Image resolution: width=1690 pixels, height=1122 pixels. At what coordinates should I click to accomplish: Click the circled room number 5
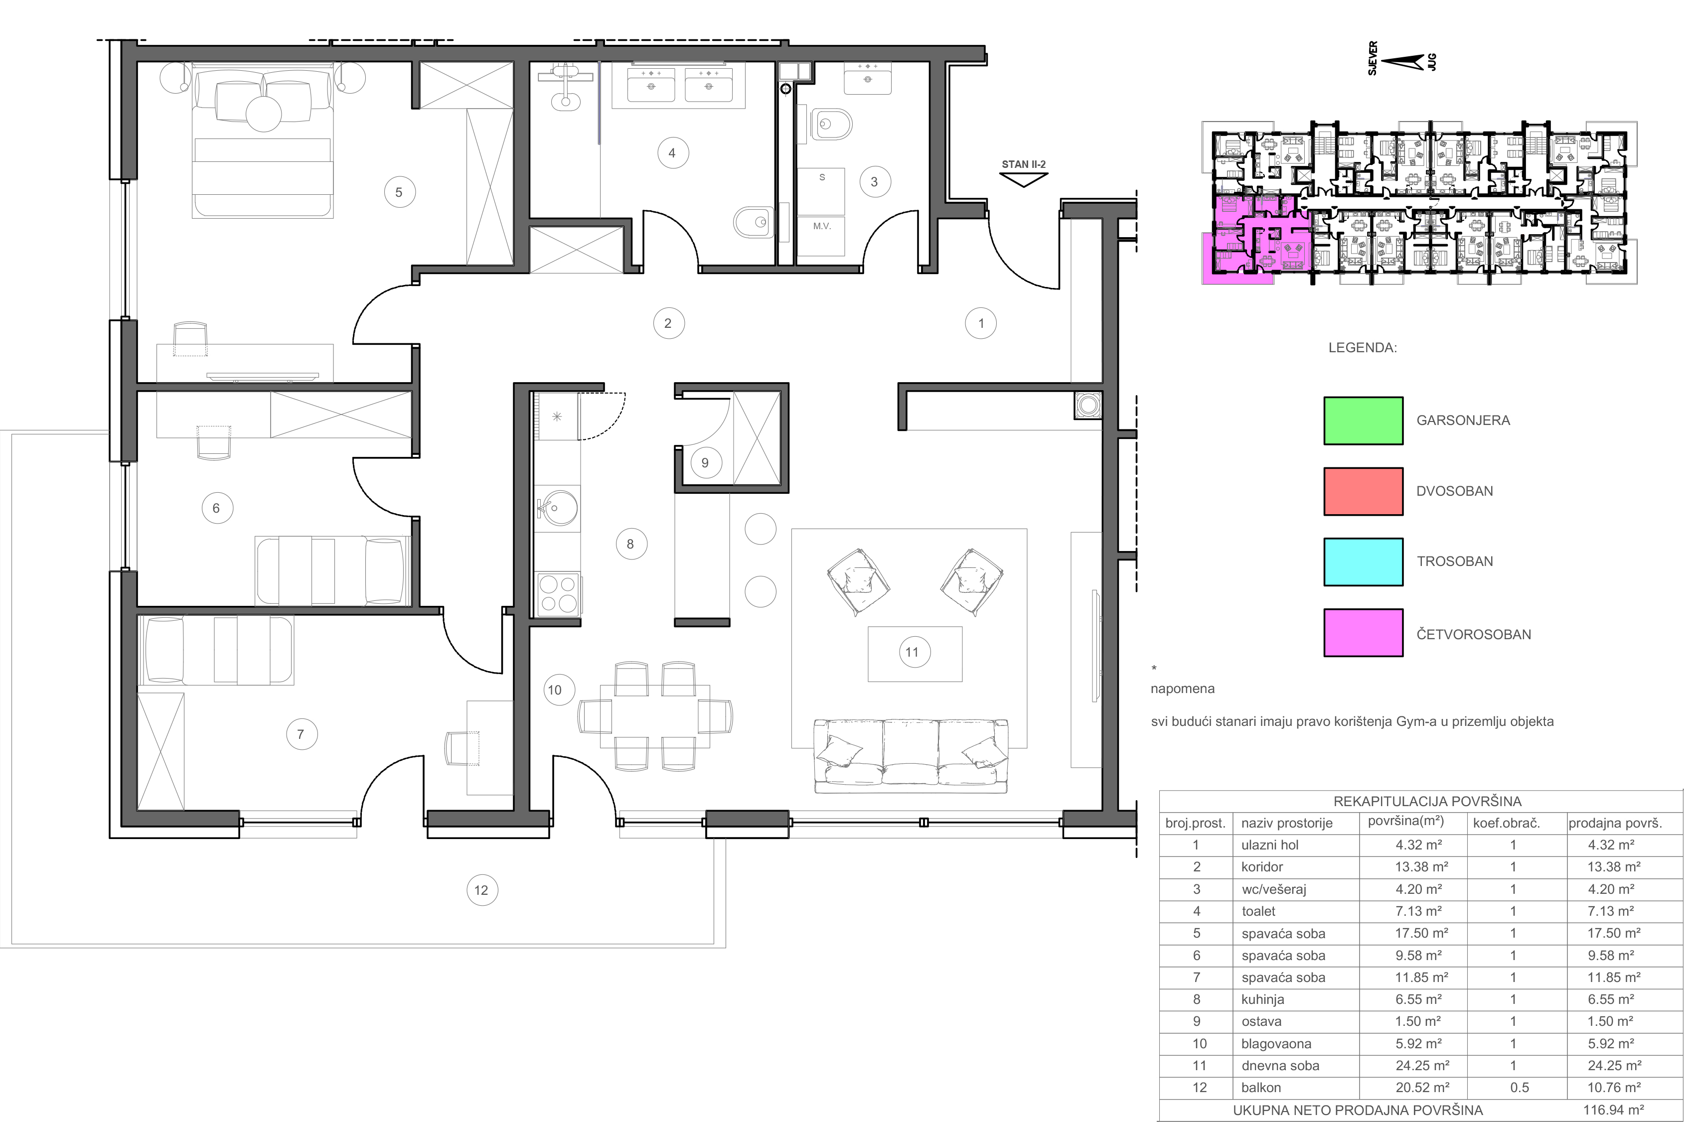[x=399, y=192]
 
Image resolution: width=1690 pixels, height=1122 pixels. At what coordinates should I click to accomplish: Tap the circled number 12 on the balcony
[x=481, y=890]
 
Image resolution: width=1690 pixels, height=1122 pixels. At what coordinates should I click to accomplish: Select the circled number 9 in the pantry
[x=705, y=463]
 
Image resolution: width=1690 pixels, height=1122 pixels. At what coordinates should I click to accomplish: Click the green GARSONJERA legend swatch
[x=1363, y=421]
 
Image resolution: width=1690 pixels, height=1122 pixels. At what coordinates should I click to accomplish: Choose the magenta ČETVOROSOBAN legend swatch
[x=1363, y=633]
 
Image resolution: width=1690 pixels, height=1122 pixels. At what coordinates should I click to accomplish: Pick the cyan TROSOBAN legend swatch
[x=1363, y=561]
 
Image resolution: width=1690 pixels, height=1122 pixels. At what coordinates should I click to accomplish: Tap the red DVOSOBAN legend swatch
[x=1363, y=492]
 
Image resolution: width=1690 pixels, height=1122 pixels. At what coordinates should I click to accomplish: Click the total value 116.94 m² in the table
[x=1613, y=1111]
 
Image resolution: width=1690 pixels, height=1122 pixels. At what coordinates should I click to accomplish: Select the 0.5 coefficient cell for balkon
[x=1519, y=1088]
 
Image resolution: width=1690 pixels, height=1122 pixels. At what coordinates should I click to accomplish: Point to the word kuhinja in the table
[x=1263, y=999]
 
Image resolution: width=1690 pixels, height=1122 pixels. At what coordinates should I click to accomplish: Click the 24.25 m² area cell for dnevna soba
[x=1421, y=1066]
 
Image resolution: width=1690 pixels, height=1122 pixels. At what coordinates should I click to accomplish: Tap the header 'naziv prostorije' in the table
[x=1287, y=824]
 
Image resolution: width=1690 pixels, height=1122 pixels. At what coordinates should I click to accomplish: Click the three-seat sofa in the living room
[x=911, y=756]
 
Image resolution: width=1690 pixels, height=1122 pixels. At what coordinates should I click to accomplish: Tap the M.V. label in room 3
[x=822, y=226]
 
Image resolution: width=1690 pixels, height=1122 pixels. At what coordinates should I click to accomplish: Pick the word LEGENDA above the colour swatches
[x=1362, y=348]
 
